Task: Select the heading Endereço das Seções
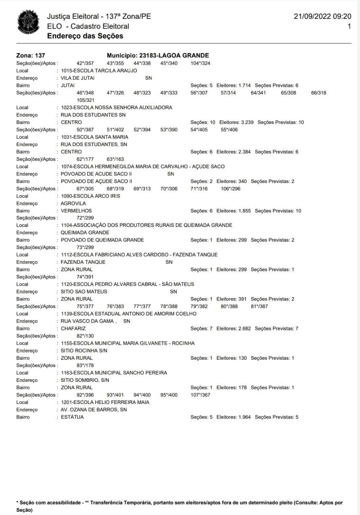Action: pyautogui.click(x=85, y=36)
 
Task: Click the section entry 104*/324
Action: pyautogui.click(x=200, y=63)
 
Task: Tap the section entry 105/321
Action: pyautogui.click(x=85, y=100)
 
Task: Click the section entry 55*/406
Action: pyautogui.click(x=229, y=130)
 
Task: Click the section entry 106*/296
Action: pyautogui.click(x=231, y=188)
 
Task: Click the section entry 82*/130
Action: pyautogui.click(x=85, y=336)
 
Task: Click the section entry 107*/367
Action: pyautogui.click(x=200, y=395)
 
